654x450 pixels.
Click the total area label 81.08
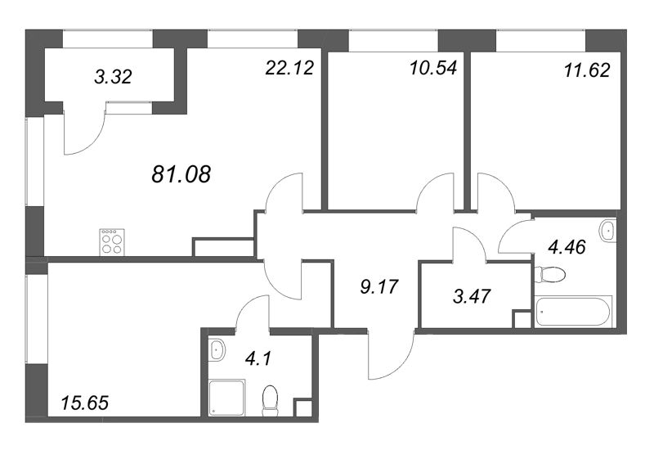(x=181, y=174)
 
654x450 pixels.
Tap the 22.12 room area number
(x=289, y=68)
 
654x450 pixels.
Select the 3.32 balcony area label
(x=113, y=76)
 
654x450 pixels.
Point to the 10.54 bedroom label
(x=433, y=68)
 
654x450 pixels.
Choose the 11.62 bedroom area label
(x=587, y=70)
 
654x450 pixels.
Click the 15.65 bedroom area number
(x=85, y=403)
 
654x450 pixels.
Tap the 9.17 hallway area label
(x=379, y=287)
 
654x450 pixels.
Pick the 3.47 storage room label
(x=472, y=296)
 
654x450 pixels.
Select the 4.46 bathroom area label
(x=567, y=247)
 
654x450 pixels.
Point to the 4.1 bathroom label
(x=258, y=358)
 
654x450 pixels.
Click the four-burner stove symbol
(x=112, y=242)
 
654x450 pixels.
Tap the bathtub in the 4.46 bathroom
(x=574, y=311)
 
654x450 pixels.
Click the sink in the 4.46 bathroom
(x=607, y=231)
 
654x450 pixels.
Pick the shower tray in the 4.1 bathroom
(x=226, y=398)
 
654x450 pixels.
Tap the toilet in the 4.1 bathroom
(x=271, y=400)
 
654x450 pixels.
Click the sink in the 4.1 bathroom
(x=217, y=350)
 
